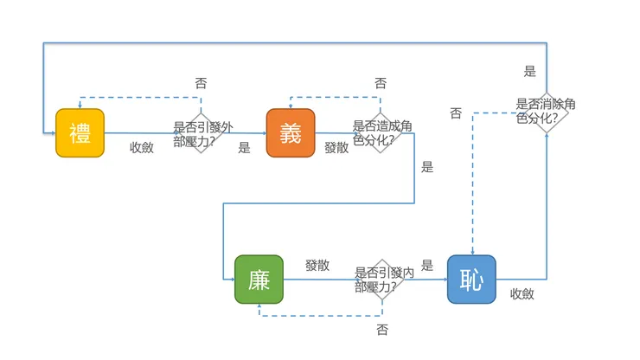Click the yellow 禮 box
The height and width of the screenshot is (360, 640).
pyautogui.click(x=80, y=133)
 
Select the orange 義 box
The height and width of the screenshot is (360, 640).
pyautogui.click(x=291, y=133)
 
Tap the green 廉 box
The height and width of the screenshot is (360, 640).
pyautogui.click(x=259, y=280)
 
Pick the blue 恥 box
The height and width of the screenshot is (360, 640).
pyautogui.click(x=471, y=280)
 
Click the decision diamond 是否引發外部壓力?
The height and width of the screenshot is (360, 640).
pyautogui.click(x=202, y=133)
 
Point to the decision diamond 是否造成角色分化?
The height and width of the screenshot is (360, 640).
pyautogui.click(x=381, y=132)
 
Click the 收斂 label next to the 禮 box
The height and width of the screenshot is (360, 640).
pyautogui.click(x=142, y=147)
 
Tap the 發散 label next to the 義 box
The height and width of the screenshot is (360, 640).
pyautogui.click(x=336, y=147)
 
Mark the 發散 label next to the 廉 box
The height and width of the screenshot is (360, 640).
pyautogui.click(x=317, y=266)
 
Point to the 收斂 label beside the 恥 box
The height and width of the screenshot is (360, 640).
pyautogui.click(x=522, y=293)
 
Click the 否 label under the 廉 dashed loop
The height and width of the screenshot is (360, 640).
pyautogui.click(x=382, y=330)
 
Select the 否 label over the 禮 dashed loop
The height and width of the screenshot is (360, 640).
pyautogui.click(x=201, y=84)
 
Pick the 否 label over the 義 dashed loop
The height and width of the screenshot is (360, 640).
pyautogui.click(x=381, y=84)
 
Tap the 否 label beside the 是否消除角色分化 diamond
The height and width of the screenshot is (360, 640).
pyautogui.click(x=456, y=113)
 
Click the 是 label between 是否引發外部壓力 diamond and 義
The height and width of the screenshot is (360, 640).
pyautogui.click(x=244, y=148)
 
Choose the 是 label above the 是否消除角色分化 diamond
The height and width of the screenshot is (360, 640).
pyautogui.click(x=530, y=72)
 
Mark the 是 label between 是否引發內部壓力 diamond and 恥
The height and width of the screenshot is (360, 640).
pyautogui.click(x=427, y=266)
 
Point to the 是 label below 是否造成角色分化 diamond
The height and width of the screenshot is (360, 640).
pyautogui.click(x=427, y=167)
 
